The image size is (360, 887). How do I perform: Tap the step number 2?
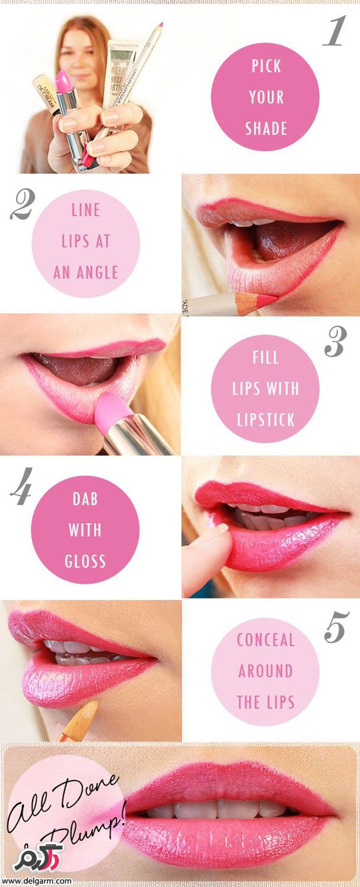point(22,205)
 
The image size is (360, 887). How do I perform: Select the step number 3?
point(335,342)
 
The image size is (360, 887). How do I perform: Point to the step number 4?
point(21,486)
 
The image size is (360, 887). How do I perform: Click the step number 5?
point(337,627)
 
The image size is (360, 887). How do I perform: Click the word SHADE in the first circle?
point(266,129)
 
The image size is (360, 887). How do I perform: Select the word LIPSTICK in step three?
point(266,420)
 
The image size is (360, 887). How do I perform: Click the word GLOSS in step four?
point(85,561)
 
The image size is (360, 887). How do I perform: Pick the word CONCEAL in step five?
point(266,640)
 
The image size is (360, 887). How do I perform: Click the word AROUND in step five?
point(265,671)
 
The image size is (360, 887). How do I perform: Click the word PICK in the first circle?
point(266,66)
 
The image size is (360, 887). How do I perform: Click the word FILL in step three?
point(266,358)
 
